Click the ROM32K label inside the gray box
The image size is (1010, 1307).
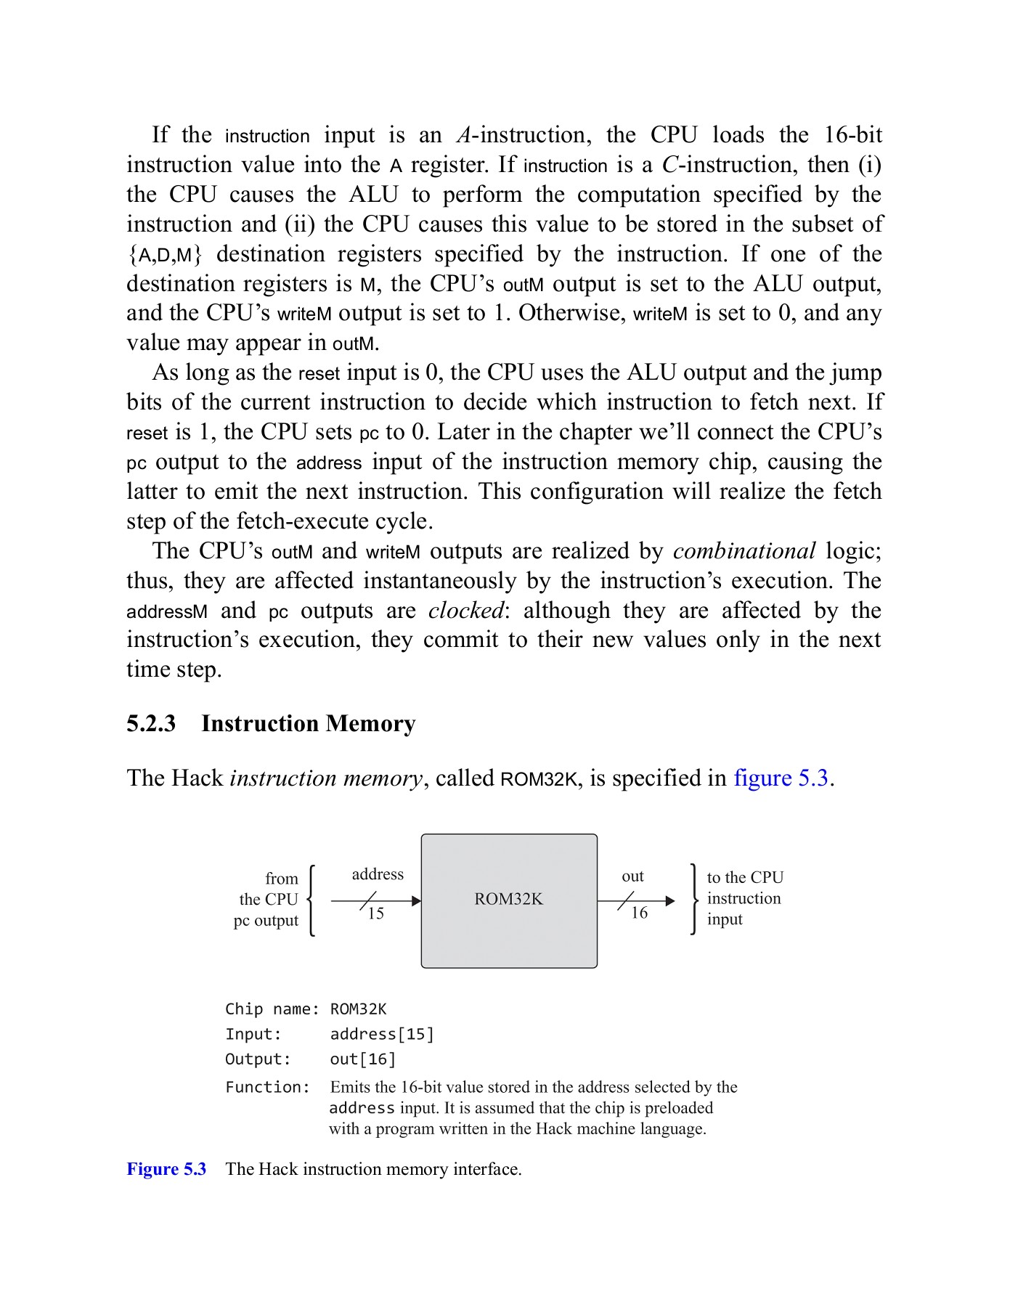[x=508, y=899]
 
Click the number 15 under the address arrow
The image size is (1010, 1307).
[x=375, y=913]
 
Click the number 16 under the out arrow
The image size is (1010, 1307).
[x=639, y=913]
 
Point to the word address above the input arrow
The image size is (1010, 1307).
[x=378, y=874]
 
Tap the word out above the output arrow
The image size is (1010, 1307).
[x=632, y=876]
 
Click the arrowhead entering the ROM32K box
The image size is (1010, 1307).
[x=416, y=901]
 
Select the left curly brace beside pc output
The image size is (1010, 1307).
[x=311, y=900]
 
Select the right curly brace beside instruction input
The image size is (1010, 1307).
[x=693, y=899]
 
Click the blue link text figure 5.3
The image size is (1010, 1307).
[x=781, y=778]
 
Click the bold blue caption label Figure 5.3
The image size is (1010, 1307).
[x=166, y=1169]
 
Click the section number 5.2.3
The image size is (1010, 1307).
[x=151, y=724]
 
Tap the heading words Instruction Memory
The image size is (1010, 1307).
[x=309, y=724]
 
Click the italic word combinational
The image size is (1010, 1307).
[x=744, y=551]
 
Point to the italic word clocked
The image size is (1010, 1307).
[x=465, y=611]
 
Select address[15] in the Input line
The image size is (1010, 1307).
[x=382, y=1034]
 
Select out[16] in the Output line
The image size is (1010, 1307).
[x=363, y=1059]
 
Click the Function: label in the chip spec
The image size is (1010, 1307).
[x=267, y=1087]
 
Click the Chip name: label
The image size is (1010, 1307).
[x=272, y=1009]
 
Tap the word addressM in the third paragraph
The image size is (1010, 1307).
[x=167, y=611]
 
